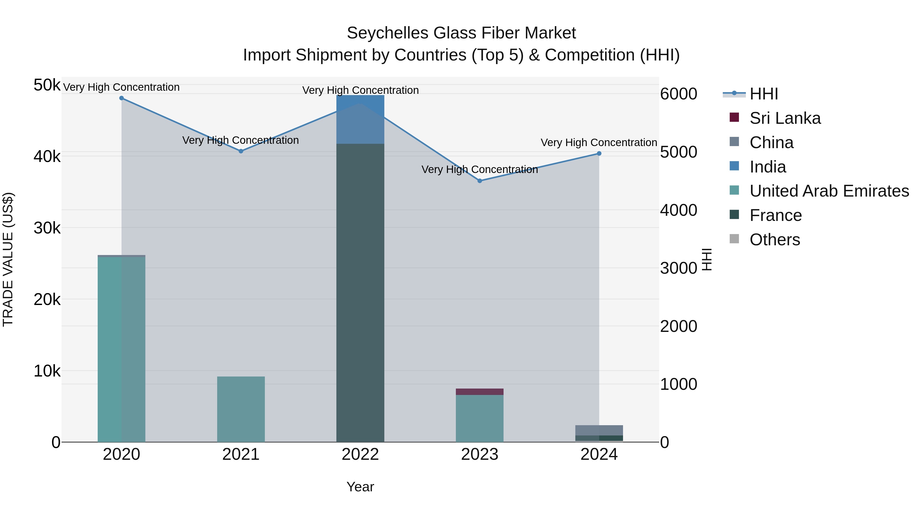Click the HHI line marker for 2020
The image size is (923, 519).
coord(122,98)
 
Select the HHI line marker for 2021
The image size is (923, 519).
coord(241,151)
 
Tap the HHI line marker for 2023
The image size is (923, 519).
coord(480,181)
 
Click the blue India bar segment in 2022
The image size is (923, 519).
coord(360,119)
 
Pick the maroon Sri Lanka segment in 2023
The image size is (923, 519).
coord(479,391)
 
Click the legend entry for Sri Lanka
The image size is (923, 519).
coord(785,118)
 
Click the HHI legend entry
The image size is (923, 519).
coord(764,94)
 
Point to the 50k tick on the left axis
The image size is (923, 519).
coord(47,85)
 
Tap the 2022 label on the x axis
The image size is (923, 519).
coord(360,454)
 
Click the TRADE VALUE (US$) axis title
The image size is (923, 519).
coord(8,259)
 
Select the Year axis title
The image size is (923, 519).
coord(360,487)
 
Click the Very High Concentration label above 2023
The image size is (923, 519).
coord(479,169)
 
